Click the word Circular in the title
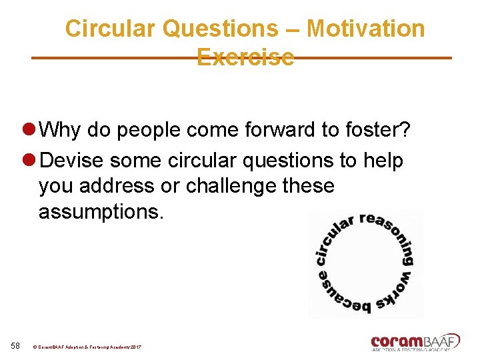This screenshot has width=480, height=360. (111, 29)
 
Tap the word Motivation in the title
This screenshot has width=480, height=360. (365, 29)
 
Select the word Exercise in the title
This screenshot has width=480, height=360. (245, 57)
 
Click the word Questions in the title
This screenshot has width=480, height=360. (221, 29)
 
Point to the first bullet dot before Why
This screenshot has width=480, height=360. (29, 130)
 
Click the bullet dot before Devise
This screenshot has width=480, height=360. (29, 161)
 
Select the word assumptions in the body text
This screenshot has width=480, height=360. (101, 212)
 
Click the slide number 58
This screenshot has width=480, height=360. (17, 345)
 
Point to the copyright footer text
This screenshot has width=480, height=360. (87, 347)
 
